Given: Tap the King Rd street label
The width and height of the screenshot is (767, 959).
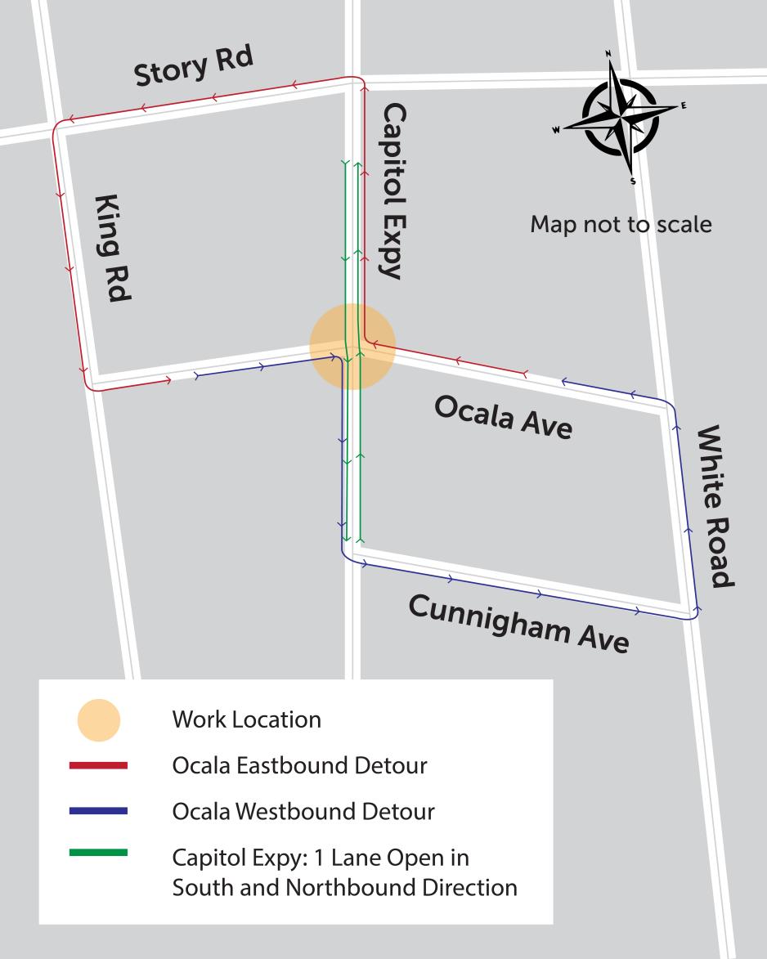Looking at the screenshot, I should (112, 249).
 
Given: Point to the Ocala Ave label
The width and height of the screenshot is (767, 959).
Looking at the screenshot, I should (502, 417).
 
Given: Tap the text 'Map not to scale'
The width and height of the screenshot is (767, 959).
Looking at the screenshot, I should (621, 223).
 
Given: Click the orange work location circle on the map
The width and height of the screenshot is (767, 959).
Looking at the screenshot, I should (352, 346).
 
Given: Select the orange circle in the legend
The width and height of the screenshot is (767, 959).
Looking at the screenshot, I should (99, 720).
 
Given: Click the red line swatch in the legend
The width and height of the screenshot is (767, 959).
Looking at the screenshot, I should (99, 766).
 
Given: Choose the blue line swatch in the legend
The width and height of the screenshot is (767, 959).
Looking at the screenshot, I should (99, 811).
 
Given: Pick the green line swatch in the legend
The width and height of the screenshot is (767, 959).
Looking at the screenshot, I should (99, 854).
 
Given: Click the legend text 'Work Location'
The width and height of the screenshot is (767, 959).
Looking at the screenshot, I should (246, 720).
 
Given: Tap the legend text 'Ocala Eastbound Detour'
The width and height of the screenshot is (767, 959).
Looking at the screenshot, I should (299, 766).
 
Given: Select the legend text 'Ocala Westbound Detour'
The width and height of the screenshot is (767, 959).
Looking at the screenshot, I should (303, 812).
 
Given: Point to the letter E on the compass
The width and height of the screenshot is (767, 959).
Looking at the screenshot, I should (684, 105).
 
